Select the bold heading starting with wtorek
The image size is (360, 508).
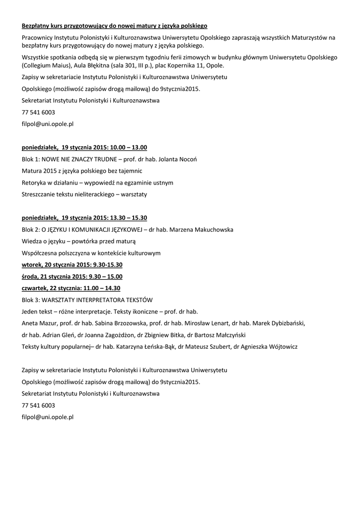72,265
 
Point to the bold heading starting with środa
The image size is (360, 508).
72,276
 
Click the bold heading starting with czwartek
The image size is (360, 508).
71,288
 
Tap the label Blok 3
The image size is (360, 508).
30,300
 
